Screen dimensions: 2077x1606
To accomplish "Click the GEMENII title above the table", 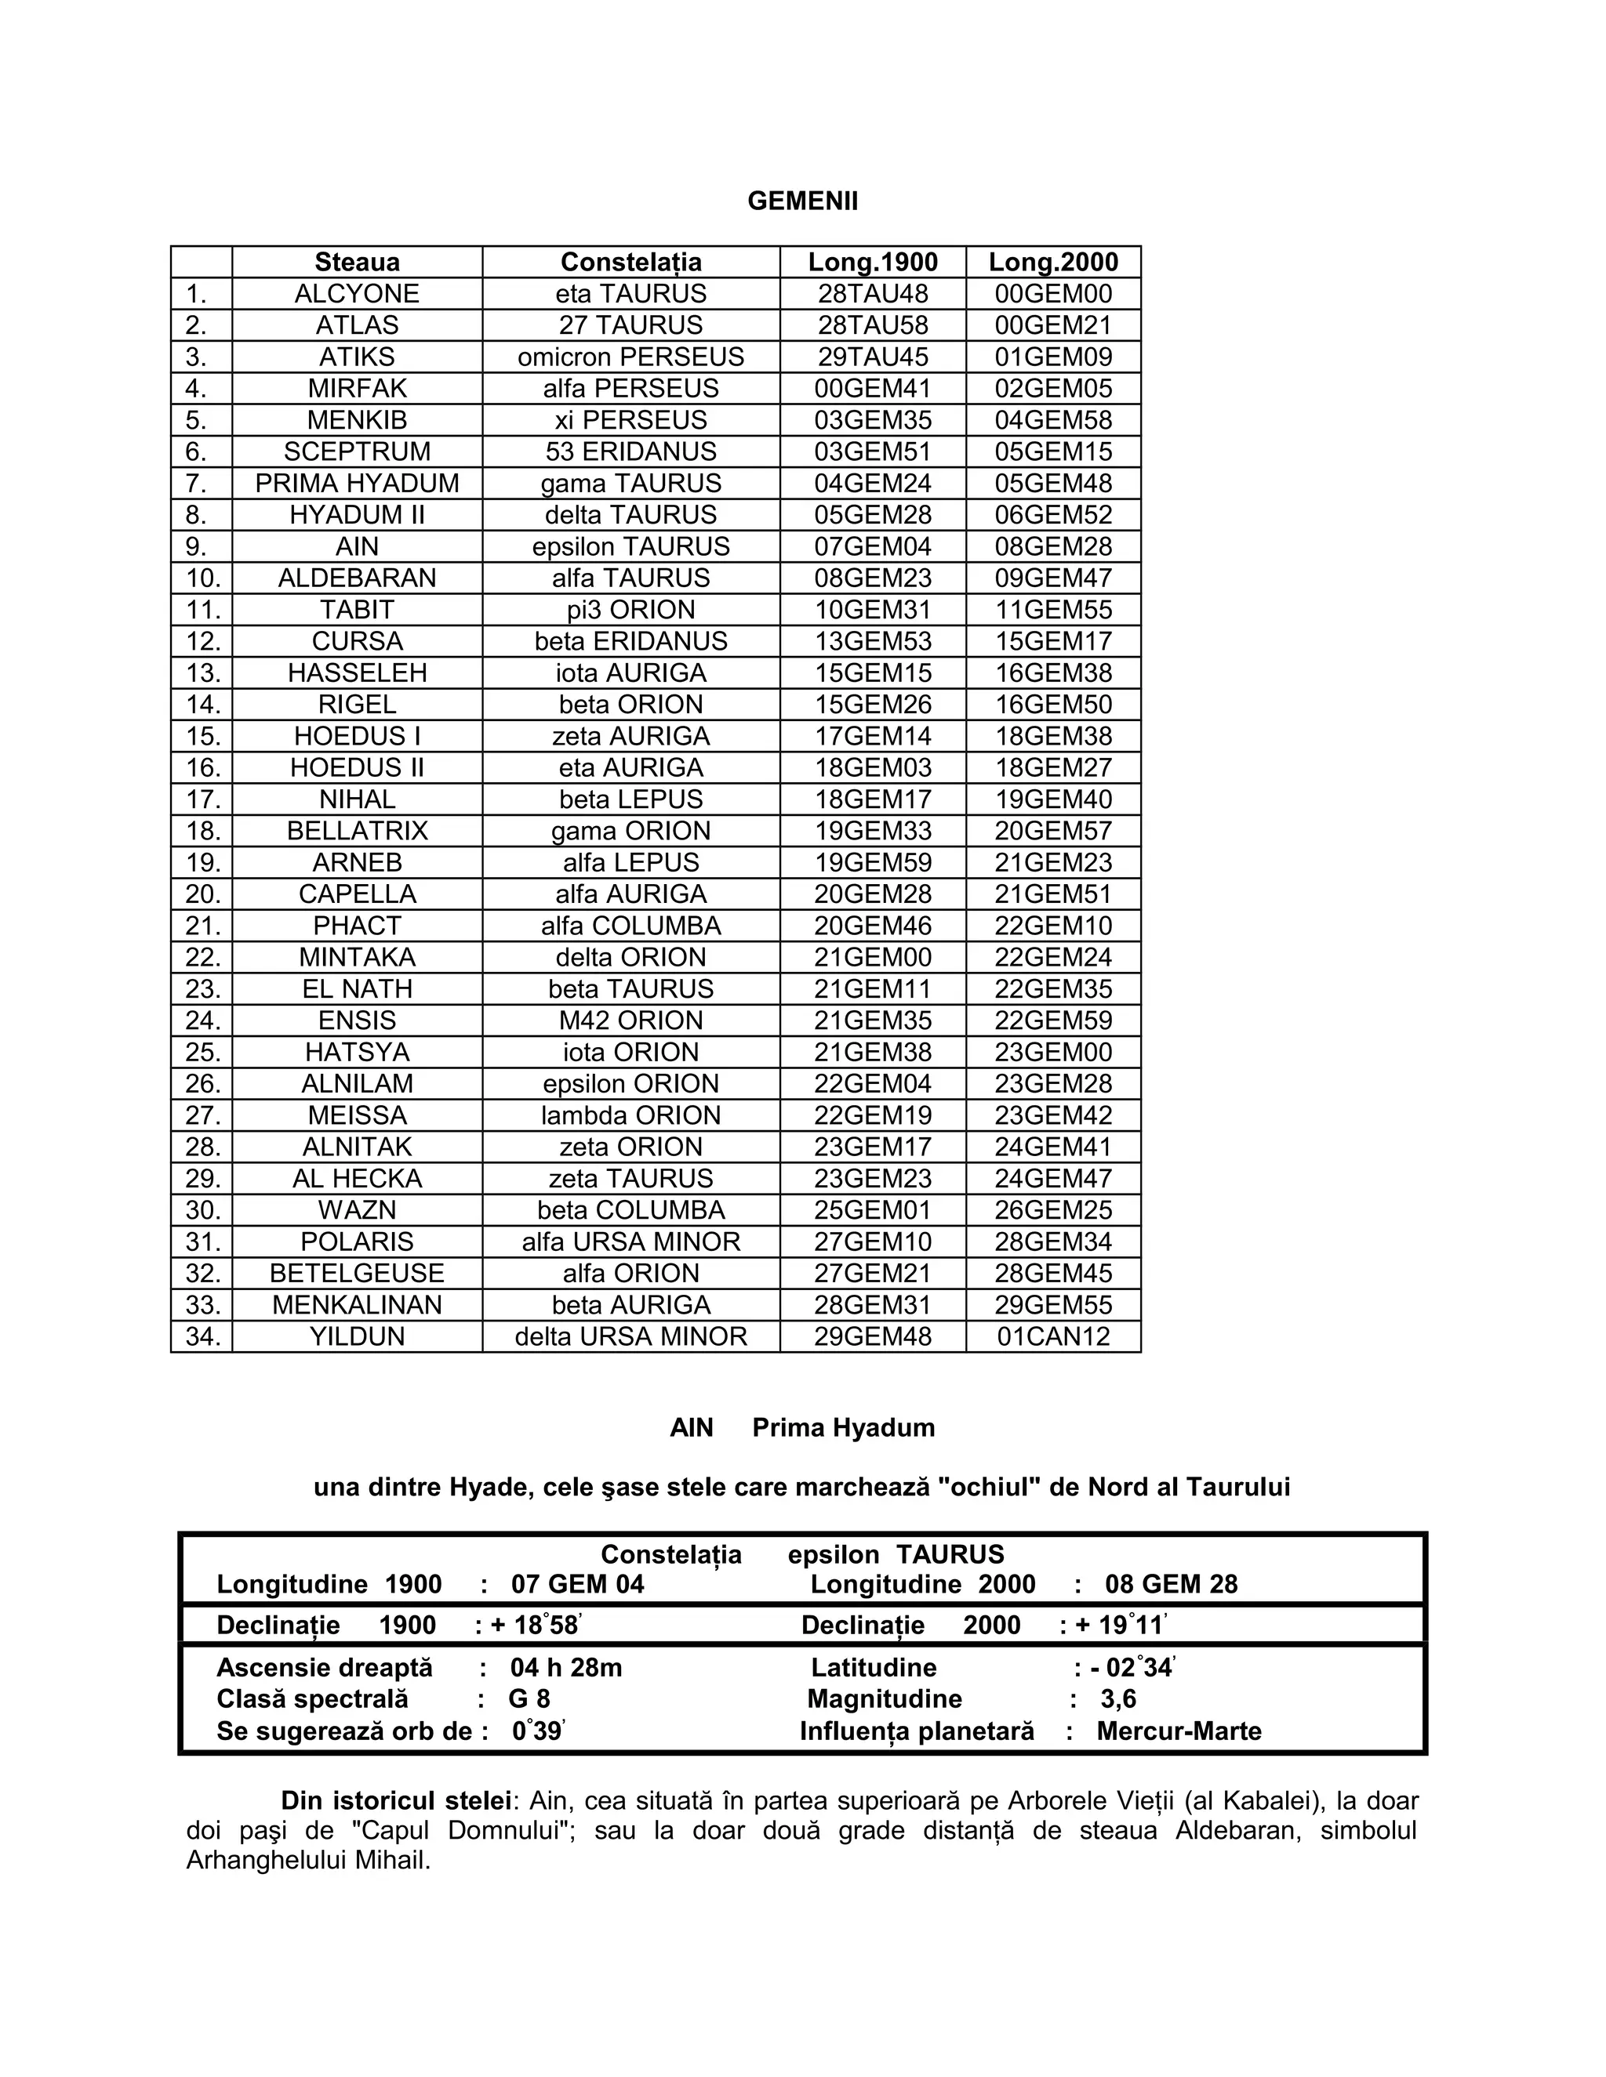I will (802, 201).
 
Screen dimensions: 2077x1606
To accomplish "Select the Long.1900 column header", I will (873, 262).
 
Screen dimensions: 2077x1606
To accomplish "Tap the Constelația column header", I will (630, 262).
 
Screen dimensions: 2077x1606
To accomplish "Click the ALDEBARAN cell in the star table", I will (357, 578).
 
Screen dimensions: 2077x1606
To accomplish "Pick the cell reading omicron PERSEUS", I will (630, 357).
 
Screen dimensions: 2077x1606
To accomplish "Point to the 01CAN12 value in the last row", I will (1053, 1336).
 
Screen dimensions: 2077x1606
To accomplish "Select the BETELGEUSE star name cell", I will (357, 1274).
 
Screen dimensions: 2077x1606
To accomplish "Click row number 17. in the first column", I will (202, 799).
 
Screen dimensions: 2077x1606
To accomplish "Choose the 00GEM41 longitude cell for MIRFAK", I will (873, 388).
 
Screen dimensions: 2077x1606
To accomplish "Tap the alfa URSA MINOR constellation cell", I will (630, 1242).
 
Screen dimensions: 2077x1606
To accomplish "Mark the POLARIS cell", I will (357, 1242).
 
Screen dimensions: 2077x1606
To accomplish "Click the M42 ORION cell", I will (630, 1020).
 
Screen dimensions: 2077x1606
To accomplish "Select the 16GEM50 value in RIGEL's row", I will (1053, 705).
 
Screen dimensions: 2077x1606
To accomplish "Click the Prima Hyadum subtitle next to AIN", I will (843, 1427).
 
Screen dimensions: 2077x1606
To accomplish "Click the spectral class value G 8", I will (529, 1699).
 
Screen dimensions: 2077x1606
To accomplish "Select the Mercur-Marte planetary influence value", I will (1179, 1731).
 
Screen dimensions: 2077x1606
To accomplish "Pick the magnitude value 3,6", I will (1118, 1699).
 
